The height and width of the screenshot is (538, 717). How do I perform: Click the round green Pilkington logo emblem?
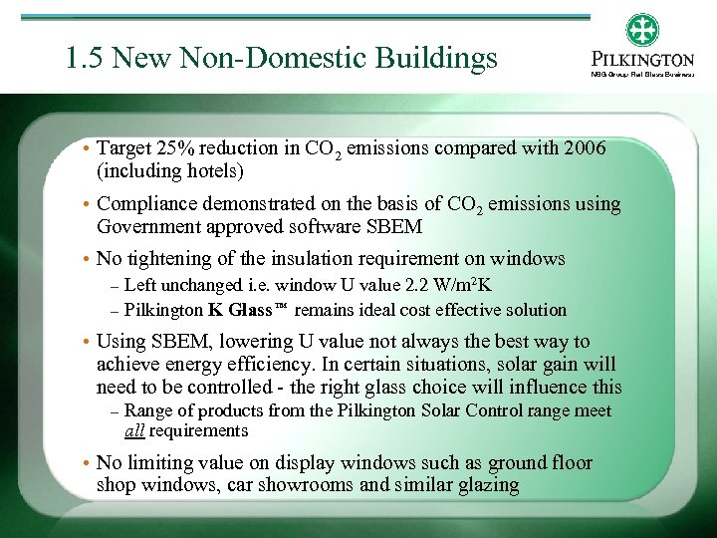point(642,30)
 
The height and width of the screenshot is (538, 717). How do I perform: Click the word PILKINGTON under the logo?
point(642,60)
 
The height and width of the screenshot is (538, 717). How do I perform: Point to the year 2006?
point(584,148)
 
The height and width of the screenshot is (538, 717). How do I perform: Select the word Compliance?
point(147,204)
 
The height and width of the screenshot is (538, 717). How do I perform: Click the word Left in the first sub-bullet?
point(141,287)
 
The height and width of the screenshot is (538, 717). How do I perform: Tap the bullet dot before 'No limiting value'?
point(88,463)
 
